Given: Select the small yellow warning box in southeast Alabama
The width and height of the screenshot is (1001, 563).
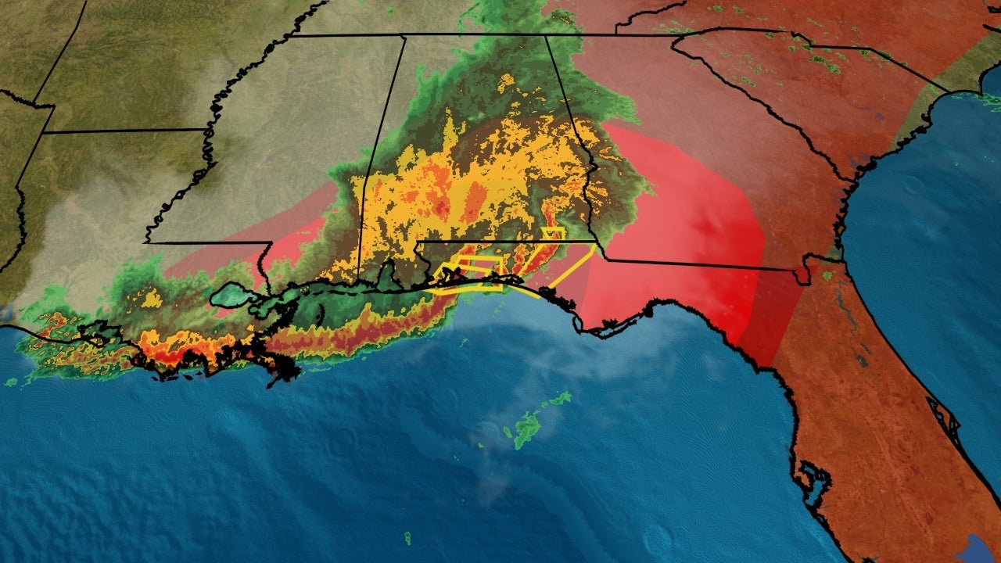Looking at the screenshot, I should tap(553, 234).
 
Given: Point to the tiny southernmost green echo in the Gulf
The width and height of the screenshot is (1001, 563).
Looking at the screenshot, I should tap(407, 539).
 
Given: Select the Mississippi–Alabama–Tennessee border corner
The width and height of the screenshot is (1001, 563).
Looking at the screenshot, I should tap(403, 35).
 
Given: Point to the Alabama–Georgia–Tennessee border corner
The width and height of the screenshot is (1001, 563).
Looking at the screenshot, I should tap(545, 35).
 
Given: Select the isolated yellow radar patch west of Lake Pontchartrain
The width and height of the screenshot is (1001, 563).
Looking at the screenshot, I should tap(152, 298).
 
